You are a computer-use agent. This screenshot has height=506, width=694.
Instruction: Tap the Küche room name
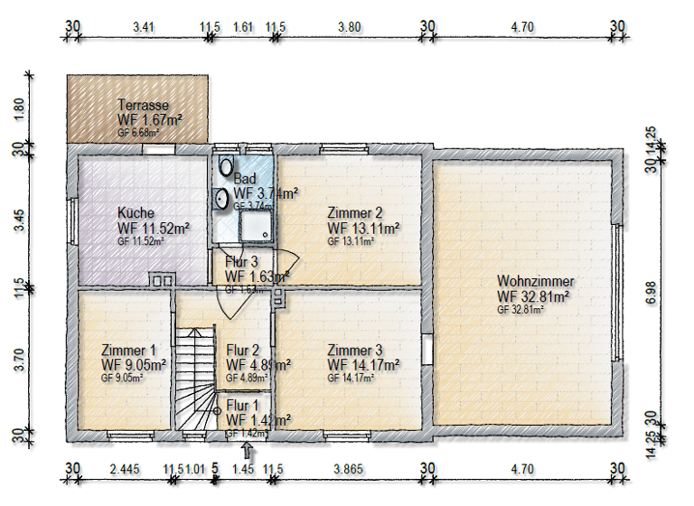(136, 213)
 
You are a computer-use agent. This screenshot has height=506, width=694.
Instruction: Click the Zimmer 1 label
(129, 351)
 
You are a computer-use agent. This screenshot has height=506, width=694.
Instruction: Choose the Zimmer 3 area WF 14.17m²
(363, 365)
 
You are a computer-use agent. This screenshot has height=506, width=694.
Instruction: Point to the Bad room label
(244, 179)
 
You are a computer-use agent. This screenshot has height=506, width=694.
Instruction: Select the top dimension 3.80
(350, 27)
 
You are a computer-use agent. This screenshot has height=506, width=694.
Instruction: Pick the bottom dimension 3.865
(348, 469)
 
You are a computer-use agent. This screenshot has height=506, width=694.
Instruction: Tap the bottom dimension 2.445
(124, 469)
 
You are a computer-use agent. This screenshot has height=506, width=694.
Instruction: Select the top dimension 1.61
(243, 27)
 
